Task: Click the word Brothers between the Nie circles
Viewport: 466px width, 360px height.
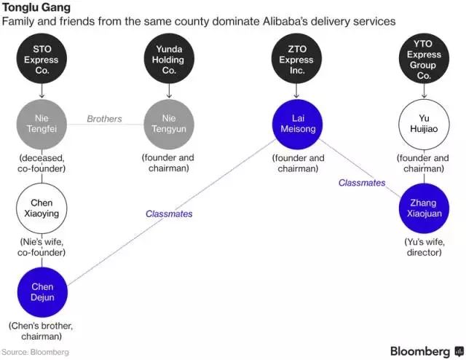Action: [x=104, y=119]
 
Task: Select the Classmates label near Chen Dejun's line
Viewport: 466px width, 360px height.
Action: [x=169, y=214]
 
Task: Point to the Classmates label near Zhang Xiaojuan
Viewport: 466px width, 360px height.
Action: [x=362, y=183]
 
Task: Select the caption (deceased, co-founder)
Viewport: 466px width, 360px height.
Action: [x=42, y=163]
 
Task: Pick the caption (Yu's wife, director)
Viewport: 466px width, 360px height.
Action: [x=424, y=246]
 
